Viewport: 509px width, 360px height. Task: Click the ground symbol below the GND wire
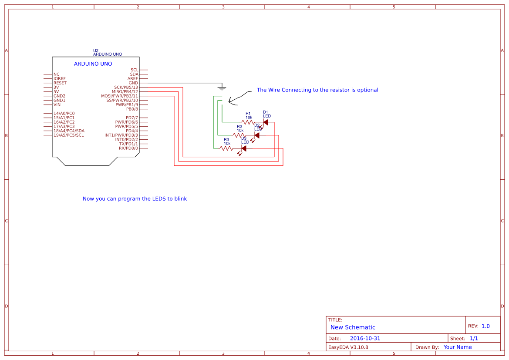coord(222,88)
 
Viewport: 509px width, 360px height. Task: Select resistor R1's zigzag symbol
coord(248,122)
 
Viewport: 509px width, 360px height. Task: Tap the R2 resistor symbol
coord(239,135)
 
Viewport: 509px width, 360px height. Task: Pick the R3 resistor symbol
coord(226,148)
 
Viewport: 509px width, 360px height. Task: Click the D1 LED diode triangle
coord(266,122)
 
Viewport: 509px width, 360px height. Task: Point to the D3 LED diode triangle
coord(244,148)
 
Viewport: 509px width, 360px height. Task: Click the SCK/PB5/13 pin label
coord(126,87)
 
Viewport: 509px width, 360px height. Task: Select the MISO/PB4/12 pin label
coord(125,92)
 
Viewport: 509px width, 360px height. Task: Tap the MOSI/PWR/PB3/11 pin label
coord(119,96)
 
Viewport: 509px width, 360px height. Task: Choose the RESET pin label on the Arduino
coord(60,83)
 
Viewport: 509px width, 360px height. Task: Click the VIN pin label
coord(57,105)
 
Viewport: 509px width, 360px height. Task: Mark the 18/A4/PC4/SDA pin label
coord(69,131)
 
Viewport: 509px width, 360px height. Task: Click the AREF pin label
coord(133,79)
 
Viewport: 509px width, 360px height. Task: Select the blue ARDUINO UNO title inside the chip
coord(93,64)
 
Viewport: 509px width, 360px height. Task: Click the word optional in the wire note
coord(367,90)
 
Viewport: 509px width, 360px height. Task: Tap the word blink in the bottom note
coord(180,199)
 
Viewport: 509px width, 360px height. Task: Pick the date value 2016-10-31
coord(365,339)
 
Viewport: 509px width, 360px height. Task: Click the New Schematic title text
coord(353,327)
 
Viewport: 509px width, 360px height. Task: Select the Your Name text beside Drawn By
coord(458,347)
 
